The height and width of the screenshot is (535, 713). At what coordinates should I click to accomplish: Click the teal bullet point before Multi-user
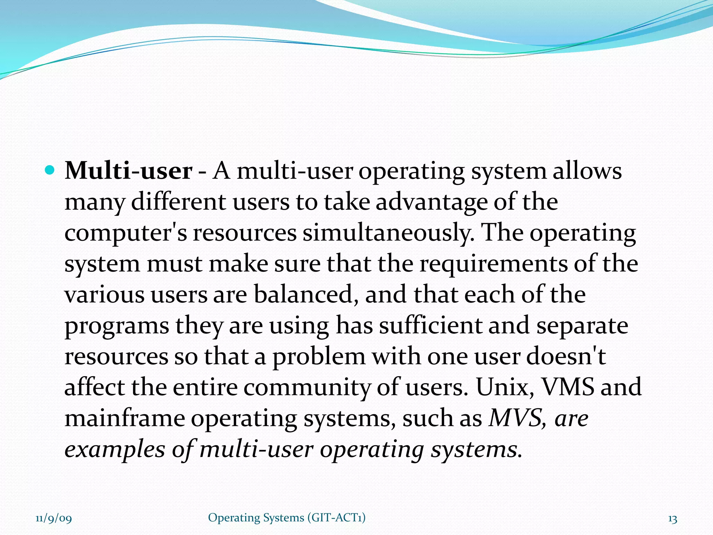coord(50,171)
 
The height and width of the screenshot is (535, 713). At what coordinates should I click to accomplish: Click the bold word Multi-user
coord(128,171)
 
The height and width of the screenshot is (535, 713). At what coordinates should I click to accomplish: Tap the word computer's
coord(126,233)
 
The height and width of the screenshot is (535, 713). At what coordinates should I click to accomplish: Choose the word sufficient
coord(430,325)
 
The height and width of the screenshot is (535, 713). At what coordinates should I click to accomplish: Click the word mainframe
coord(125,418)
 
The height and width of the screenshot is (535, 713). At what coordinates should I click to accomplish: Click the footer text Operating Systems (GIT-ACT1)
coord(287,518)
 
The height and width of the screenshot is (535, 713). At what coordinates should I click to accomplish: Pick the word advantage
coord(432,202)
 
